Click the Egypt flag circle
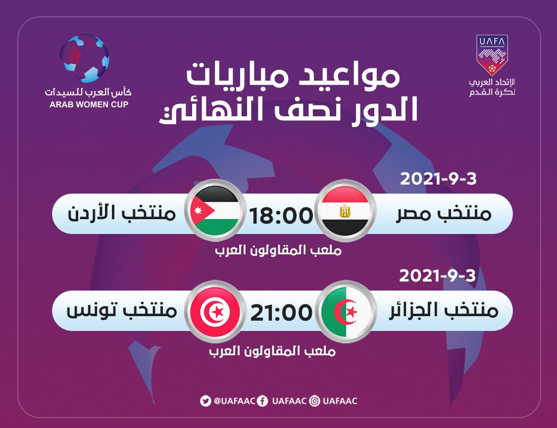tap(345, 211)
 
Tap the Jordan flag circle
tap(214, 211)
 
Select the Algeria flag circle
tap(345, 312)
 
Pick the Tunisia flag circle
tap(214, 312)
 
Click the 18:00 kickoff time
tap(281, 215)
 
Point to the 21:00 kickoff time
tap(281, 312)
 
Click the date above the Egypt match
tap(438, 179)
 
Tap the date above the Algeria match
tap(437, 276)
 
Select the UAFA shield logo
tap(492, 54)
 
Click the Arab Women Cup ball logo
tap(84, 58)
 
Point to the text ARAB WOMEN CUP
tap(89, 105)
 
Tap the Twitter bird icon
tap(205, 401)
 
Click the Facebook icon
tap(262, 401)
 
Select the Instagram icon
tap(314, 401)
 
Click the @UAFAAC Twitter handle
tap(235, 401)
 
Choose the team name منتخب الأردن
tap(122, 213)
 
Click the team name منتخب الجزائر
tap(443, 310)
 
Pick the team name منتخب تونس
tap(122, 310)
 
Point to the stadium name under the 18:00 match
tap(278, 250)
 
